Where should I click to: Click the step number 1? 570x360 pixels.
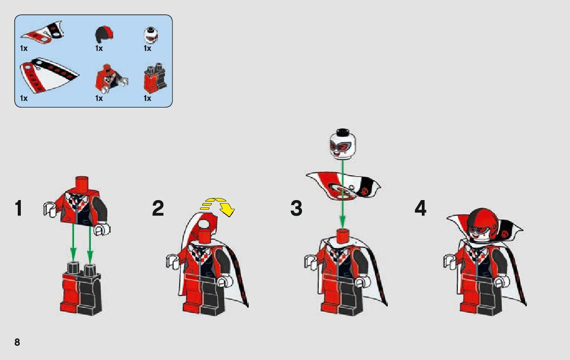click(x=19, y=209)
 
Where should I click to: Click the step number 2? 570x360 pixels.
click(x=158, y=209)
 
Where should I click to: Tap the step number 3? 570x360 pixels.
click(x=296, y=209)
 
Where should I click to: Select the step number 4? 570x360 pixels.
click(x=420, y=209)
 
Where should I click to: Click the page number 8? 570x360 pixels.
click(x=17, y=342)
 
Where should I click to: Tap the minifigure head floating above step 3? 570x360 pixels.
click(x=342, y=144)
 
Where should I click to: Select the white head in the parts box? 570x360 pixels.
click(x=151, y=35)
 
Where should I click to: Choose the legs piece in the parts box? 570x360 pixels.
click(x=155, y=79)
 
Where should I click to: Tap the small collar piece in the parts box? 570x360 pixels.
click(x=43, y=32)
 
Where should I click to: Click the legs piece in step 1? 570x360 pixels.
click(x=81, y=288)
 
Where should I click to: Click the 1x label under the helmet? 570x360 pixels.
click(x=99, y=48)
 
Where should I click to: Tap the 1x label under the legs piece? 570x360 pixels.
click(x=147, y=98)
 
